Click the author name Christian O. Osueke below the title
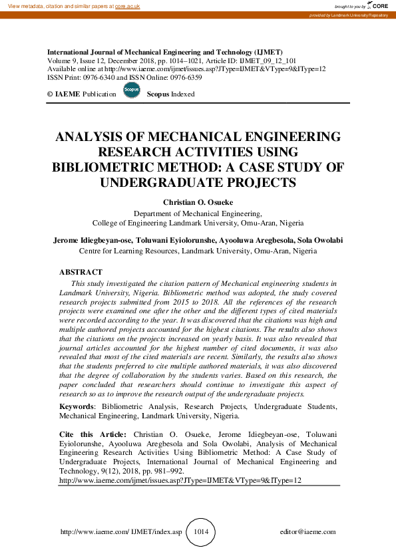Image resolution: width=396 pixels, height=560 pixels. pos(198,201)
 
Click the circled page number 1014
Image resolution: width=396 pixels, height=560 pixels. pos(200,531)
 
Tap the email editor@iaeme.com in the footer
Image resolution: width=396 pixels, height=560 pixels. pos(308,532)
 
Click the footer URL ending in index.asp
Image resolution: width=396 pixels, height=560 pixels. pos(121,532)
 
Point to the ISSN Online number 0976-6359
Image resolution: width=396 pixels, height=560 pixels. pos(186,77)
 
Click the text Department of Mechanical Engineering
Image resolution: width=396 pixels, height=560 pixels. pos(198,213)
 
